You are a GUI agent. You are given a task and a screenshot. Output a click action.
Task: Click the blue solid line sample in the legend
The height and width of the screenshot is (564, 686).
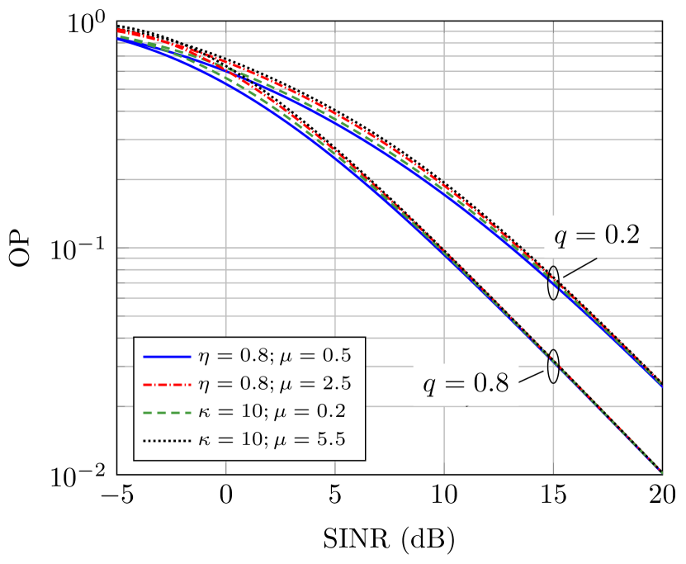click(x=168, y=357)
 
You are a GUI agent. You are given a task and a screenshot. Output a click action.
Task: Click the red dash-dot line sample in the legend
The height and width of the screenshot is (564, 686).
click(x=168, y=385)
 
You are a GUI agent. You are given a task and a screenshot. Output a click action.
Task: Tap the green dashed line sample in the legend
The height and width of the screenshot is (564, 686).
click(x=168, y=412)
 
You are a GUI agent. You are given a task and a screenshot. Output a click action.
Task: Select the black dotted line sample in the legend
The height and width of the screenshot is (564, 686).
click(x=168, y=440)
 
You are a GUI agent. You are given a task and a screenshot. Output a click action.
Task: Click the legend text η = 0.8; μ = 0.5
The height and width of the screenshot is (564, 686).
click(x=275, y=357)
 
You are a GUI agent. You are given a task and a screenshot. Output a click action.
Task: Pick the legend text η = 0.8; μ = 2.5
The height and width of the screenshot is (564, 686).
click(x=275, y=385)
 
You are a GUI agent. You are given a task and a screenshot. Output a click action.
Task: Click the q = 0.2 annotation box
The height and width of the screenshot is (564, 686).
click(x=596, y=236)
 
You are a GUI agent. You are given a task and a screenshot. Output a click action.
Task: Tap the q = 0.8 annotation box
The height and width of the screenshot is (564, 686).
click(x=466, y=384)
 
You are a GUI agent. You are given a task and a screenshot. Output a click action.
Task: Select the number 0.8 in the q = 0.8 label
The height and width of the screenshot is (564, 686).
click(x=491, y=383)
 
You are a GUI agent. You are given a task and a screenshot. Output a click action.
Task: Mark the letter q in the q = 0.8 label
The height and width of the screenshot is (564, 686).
click(x=430, y=386)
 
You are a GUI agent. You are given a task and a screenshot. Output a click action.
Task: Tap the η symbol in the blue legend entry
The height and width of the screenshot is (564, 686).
click(x=203, y=358)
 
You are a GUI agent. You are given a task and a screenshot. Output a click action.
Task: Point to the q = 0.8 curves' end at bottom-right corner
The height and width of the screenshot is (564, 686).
click(x=660, y=469)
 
